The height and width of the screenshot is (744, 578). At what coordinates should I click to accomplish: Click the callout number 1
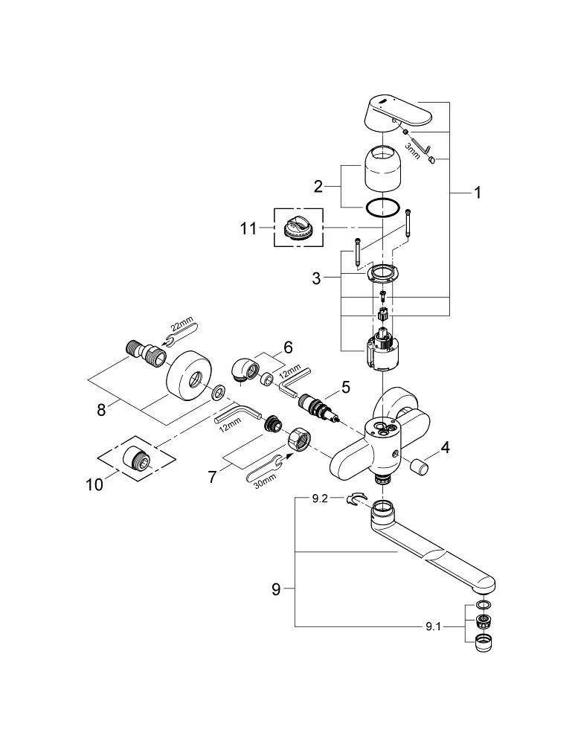click(478, 193)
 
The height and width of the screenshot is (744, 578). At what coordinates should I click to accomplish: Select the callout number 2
click(318, 187)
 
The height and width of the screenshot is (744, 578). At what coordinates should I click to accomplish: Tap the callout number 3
click(317, 278)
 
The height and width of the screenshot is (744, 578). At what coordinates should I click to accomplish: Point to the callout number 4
click(446, 448)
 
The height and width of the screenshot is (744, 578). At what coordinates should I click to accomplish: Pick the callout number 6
click(287, 347)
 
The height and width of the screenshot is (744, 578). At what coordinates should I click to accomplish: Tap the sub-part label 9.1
click(434, 627)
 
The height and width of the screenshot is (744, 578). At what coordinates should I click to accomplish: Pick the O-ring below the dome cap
click(385, 207)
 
